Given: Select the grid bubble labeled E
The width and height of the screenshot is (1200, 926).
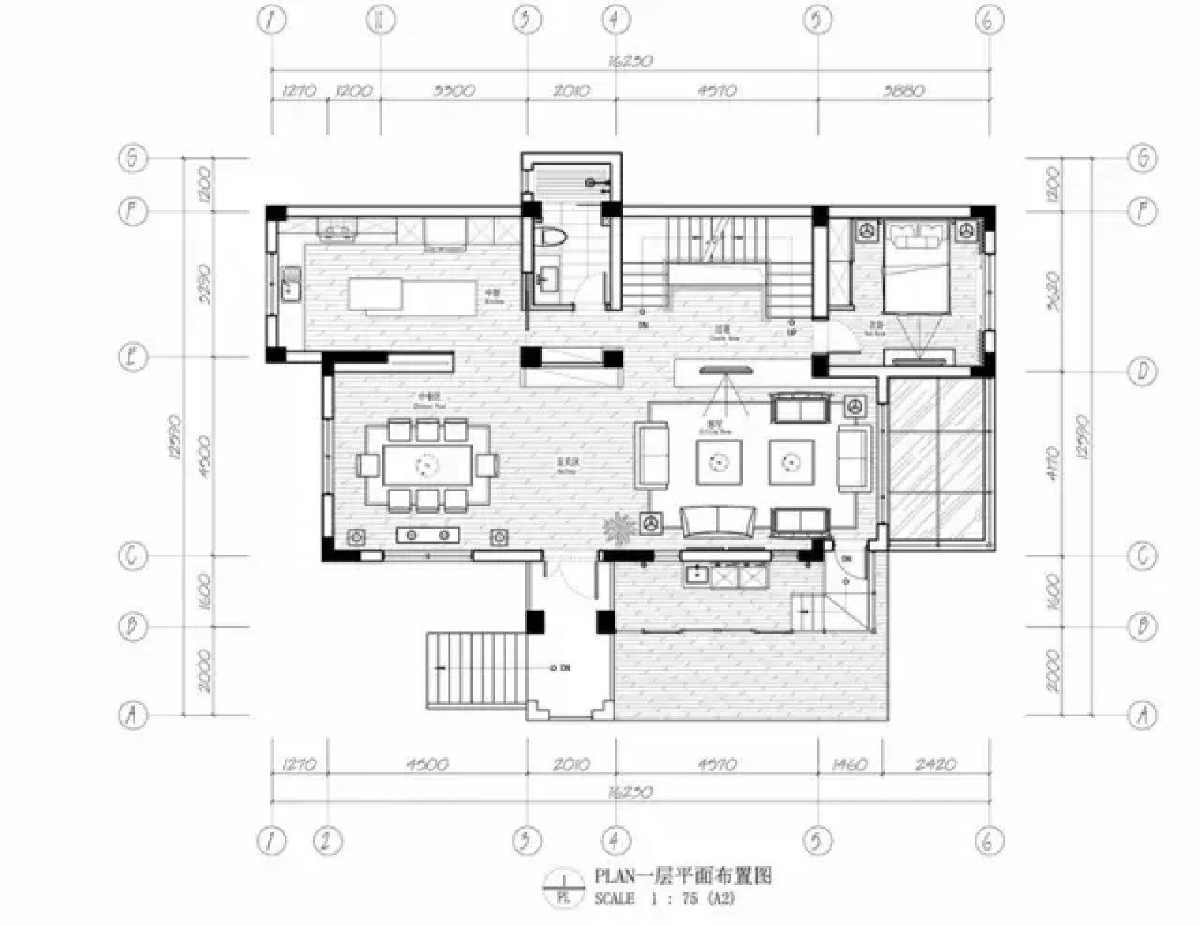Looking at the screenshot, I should (133, 357).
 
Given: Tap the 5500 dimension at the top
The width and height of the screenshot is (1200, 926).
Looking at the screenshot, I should (454, 91).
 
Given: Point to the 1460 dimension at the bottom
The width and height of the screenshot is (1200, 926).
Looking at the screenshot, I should (850, 765).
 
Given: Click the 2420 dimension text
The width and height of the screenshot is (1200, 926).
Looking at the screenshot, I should (936, 765).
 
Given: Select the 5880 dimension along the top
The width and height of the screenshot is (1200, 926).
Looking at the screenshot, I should (904, 91).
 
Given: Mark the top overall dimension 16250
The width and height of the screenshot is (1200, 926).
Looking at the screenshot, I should (631, 62).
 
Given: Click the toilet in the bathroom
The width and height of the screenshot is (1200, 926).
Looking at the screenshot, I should (552, 238).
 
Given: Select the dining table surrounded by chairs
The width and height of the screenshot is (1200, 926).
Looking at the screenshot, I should (427, 465).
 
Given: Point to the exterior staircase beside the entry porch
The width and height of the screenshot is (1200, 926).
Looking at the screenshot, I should (475, 669).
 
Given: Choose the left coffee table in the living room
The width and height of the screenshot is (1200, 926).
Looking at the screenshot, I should (718, 463).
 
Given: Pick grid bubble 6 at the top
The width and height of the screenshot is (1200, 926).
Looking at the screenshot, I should (988, 20).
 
